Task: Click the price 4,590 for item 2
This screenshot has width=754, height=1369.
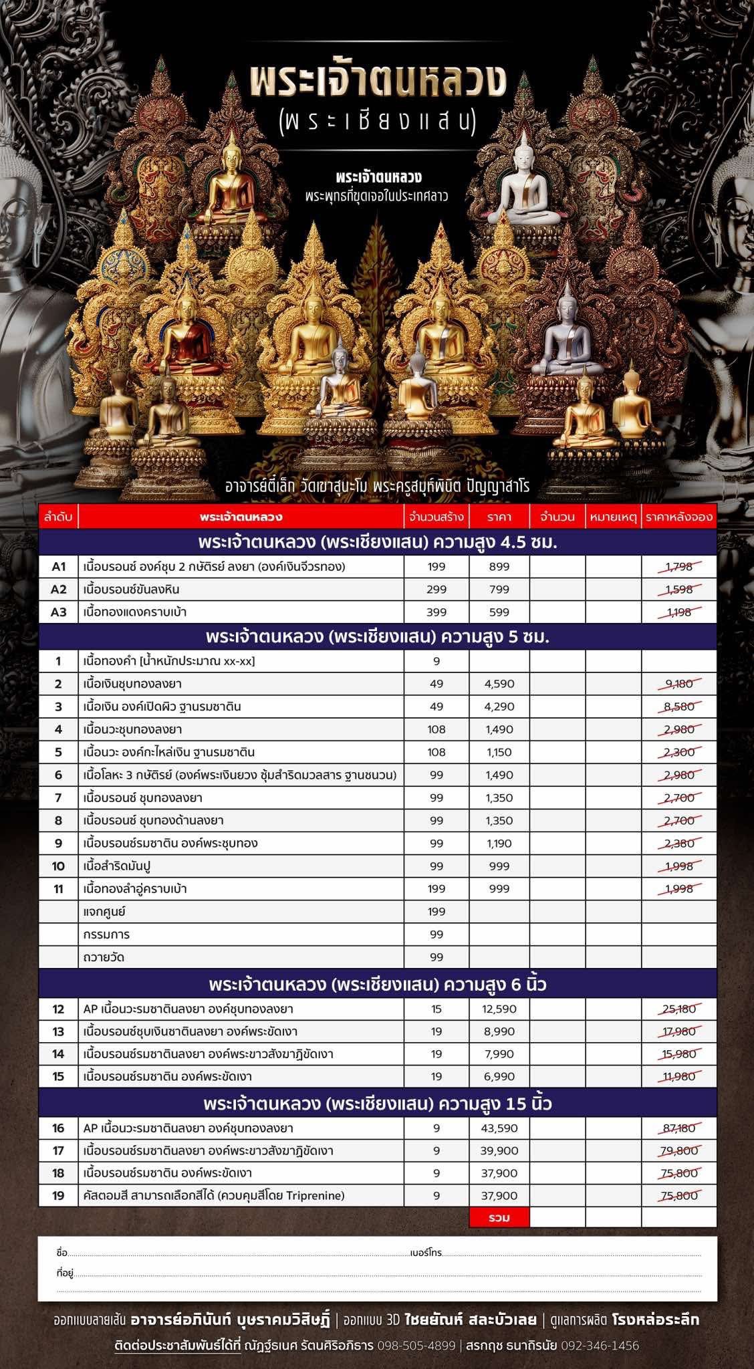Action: [499, 684]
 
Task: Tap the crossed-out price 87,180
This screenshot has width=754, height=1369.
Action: [679, 1128]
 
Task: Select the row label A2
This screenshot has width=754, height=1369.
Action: [59, 590]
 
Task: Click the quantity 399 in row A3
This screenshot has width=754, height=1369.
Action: [436, 612]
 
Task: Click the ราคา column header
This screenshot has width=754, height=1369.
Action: [499, 517]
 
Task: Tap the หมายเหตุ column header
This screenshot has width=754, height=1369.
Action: [613, 517]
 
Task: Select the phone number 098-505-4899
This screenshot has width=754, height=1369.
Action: [416, 1346]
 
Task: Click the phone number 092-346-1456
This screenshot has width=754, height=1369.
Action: [600, 1346]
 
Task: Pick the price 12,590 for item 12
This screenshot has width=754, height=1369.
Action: [499, 1009]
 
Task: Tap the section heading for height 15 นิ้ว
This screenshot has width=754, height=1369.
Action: [378, 1103]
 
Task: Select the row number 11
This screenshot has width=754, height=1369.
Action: [59, 889]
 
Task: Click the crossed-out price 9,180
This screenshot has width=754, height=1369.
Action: [679, 684]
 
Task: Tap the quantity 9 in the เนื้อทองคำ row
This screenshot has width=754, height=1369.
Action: [436, 661]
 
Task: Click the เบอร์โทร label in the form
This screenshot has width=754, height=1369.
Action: [426, 1253]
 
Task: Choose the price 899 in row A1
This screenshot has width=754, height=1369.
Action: [499, 567]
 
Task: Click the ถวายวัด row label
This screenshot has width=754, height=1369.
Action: [104, 957]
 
